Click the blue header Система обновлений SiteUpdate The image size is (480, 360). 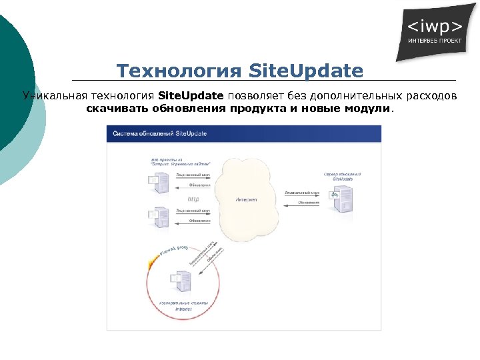click(159, 133)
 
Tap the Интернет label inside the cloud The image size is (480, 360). click(246, 199)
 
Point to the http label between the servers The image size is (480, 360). click(193, 199)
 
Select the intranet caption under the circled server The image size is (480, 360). click(183, 310)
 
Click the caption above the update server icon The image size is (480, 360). click(342, 176)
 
